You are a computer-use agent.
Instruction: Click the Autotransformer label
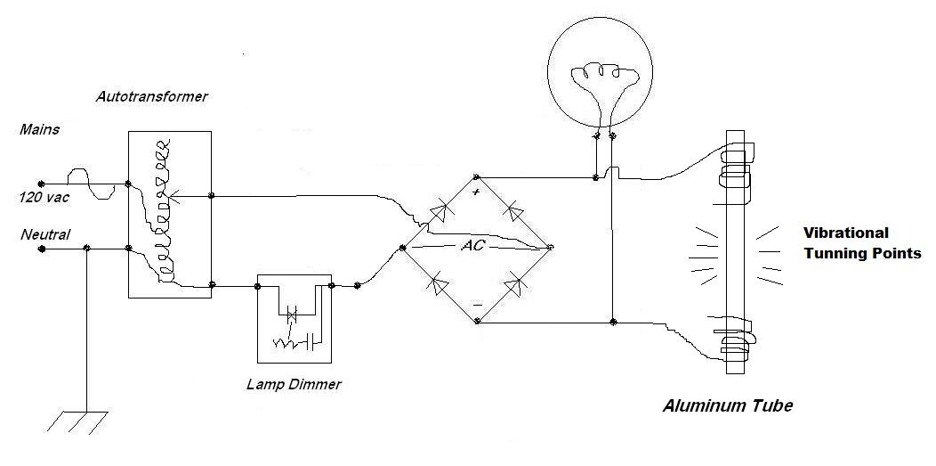[x=151, y=96]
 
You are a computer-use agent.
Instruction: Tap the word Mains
[x=39, y=130]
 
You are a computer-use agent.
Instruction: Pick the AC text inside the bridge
[x=472, y=245]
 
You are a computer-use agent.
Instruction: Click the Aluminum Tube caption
[x=727, y=406]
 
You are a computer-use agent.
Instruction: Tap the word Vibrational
[x=846, y=233]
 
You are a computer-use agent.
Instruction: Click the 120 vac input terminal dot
[x=41, y=185]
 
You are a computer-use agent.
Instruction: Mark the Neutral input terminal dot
[x=41, y=250]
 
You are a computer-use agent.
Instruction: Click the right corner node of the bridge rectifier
[x=551, y=247]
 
